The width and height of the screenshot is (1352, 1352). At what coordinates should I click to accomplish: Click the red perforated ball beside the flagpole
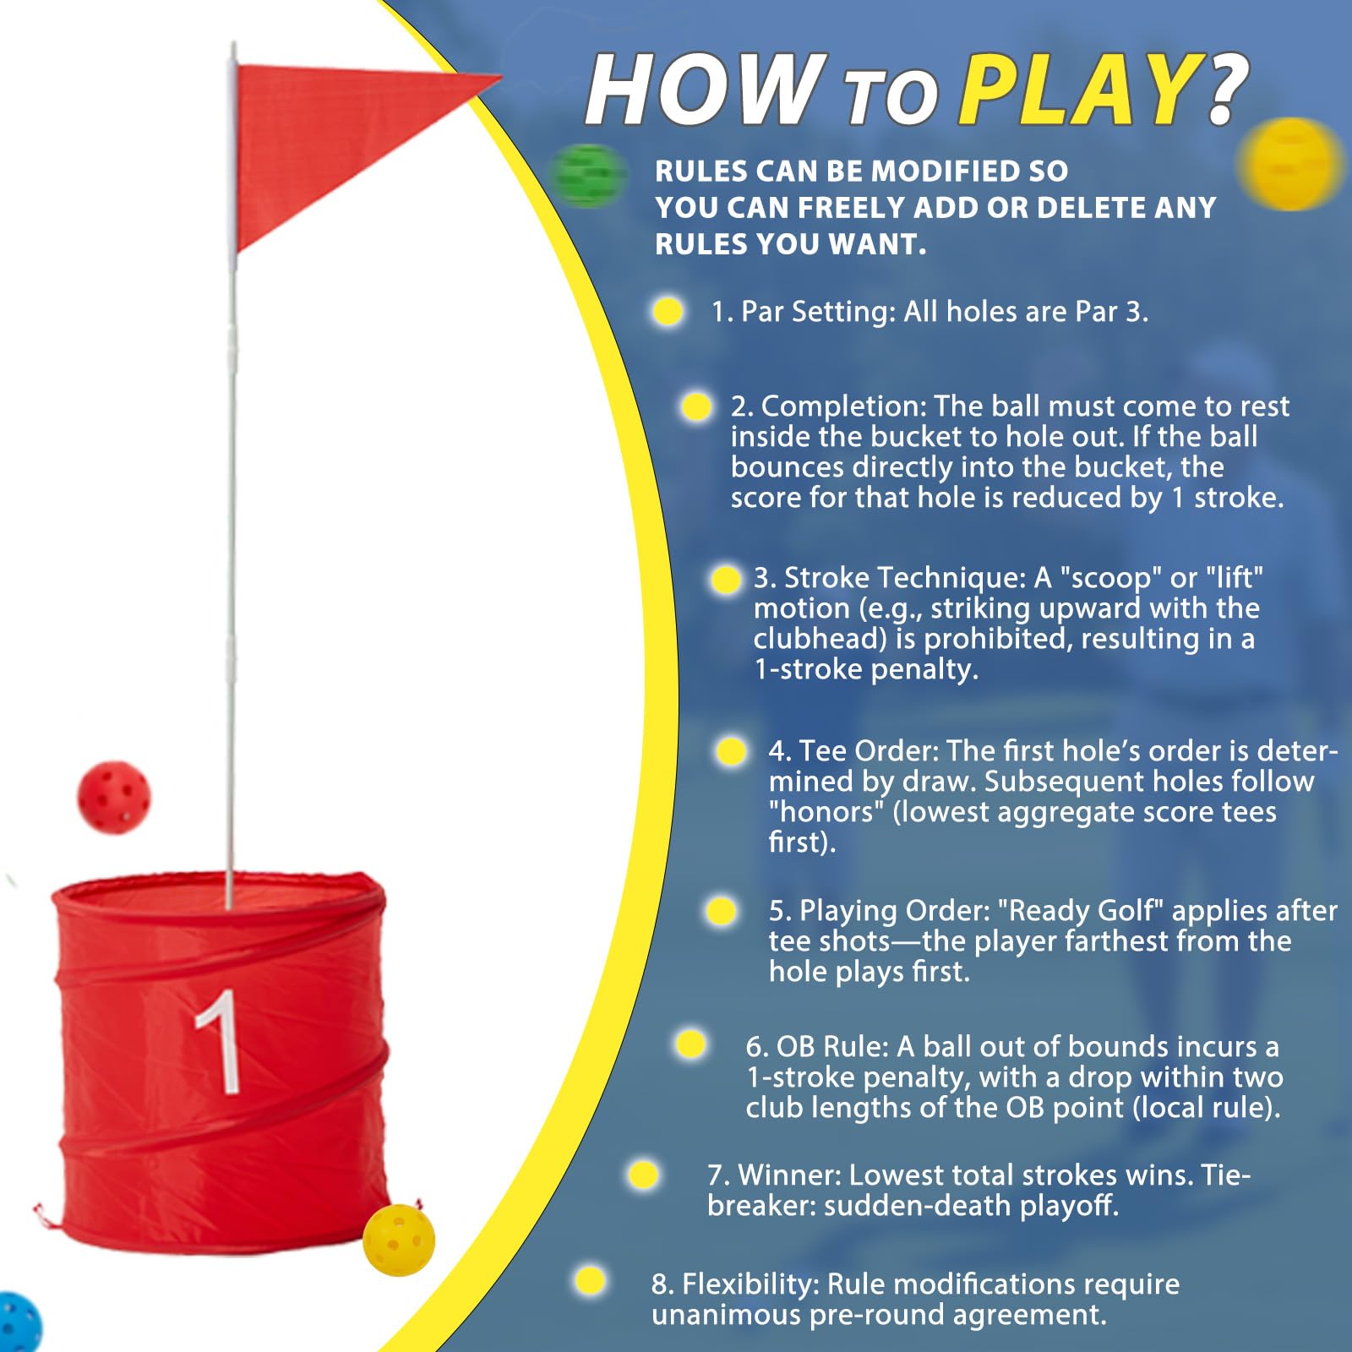pos(113,798)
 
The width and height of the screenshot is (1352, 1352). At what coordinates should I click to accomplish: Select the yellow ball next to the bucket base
pos(399,1240)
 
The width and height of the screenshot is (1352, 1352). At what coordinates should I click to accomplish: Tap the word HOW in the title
pos(705,90)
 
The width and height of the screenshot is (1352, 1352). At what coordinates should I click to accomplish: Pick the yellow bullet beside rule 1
pos(668,311)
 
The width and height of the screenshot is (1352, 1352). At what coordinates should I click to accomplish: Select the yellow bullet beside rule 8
pos(590,1279)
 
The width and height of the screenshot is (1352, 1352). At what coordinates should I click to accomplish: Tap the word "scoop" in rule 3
pos(1110,579)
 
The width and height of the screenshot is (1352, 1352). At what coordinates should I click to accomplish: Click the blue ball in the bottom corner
pos(19,1322)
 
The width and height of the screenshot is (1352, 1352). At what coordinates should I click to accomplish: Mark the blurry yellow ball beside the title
pos(1290,164)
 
